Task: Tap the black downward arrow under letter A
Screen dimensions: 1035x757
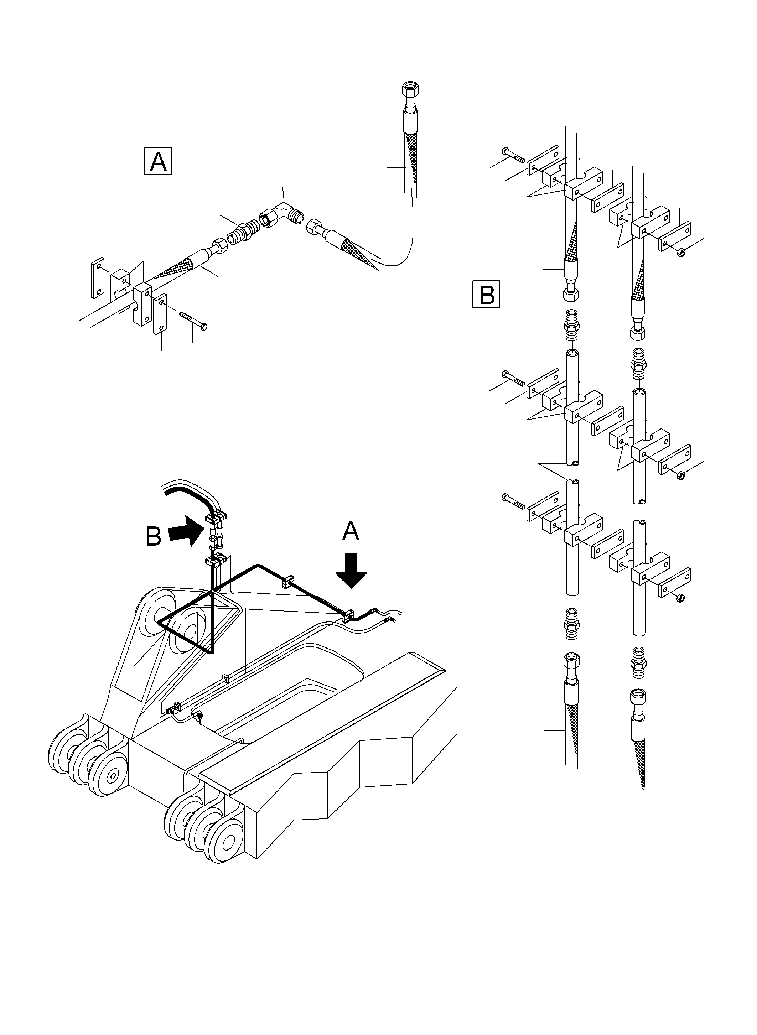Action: click(x=351, y=570)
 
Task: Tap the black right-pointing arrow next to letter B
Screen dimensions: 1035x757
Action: click(x=185, y=531)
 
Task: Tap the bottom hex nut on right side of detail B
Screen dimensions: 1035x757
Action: click(x=680, y=597)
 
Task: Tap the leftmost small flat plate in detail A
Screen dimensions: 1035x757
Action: click(x=98, y=278)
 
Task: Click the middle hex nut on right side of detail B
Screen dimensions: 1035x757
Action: click(x=680, y=475)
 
